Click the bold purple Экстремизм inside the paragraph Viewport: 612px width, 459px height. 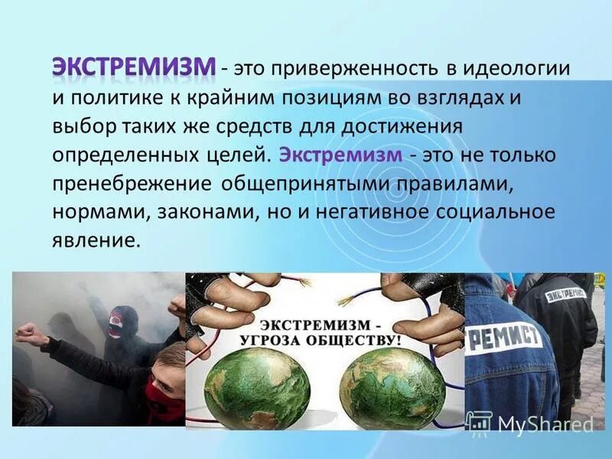[x=340, y=154]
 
